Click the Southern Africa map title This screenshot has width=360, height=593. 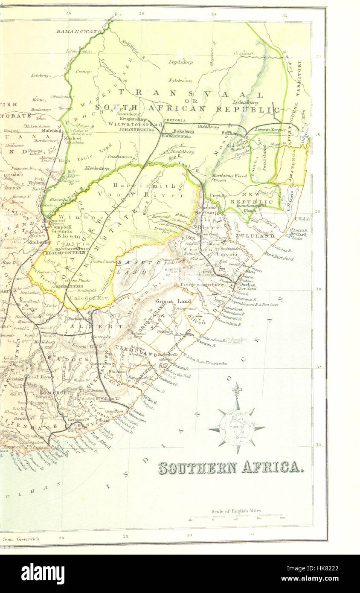[231, 468]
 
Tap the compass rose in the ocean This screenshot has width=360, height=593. [236, 425]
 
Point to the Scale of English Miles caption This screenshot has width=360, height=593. [236, 511]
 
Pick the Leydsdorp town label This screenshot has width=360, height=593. [180, 62]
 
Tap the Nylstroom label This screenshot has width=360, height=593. [180, 80]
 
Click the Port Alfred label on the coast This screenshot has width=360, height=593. [102, 440]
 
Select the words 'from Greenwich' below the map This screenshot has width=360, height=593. [21, 539]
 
